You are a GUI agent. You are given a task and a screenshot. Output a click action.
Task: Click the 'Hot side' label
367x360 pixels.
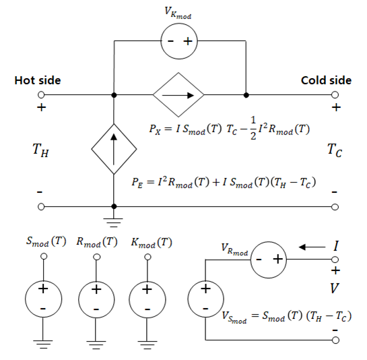[38, 80]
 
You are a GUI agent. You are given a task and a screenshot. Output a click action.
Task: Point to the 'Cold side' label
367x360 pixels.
[326, 80]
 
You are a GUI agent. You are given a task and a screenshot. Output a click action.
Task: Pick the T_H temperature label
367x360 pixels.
[40, 150]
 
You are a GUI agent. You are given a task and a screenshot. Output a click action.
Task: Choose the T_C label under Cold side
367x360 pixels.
[335, 150]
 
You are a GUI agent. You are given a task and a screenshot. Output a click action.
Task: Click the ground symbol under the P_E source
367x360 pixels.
[114, 223]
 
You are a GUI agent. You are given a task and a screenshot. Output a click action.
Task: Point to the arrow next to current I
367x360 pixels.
[312, 247]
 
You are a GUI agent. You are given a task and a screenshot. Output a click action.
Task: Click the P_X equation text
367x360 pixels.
[230, 129]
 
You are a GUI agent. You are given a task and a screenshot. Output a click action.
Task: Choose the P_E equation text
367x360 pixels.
[224, 182]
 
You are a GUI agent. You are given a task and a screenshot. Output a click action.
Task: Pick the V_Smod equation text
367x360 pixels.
[286, 317]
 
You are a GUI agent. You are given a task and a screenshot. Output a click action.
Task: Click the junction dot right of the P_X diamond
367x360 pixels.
[246, 95]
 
